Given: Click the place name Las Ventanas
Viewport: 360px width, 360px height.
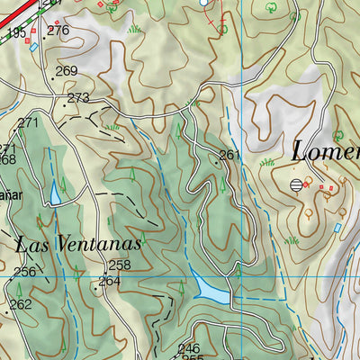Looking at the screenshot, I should [x=79, y=243].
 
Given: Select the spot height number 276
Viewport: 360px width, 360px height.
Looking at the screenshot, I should [x=58, y=30].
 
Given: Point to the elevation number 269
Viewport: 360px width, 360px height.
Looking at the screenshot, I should [x=67, y=71].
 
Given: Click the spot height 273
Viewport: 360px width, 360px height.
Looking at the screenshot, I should [x=78, y=97].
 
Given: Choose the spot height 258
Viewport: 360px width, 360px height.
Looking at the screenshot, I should [x=120, y=265].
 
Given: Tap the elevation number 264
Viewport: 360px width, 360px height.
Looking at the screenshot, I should [x=110, y=281].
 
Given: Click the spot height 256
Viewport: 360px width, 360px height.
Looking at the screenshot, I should [x=24, y=272].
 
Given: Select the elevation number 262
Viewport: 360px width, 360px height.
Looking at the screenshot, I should [x=21, y=304].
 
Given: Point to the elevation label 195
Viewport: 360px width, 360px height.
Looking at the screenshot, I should [x=15, y=32].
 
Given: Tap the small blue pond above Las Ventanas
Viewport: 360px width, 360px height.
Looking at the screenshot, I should [x=56, y=193].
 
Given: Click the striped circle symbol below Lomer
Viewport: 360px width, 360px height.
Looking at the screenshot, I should [x=296, y=185].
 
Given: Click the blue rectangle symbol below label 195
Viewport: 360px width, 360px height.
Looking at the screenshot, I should [x=33, y=47].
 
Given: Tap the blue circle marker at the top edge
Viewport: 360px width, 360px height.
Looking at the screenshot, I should [x=204, y=3].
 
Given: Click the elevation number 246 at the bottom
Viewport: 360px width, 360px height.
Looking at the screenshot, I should [x=188, y=348].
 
